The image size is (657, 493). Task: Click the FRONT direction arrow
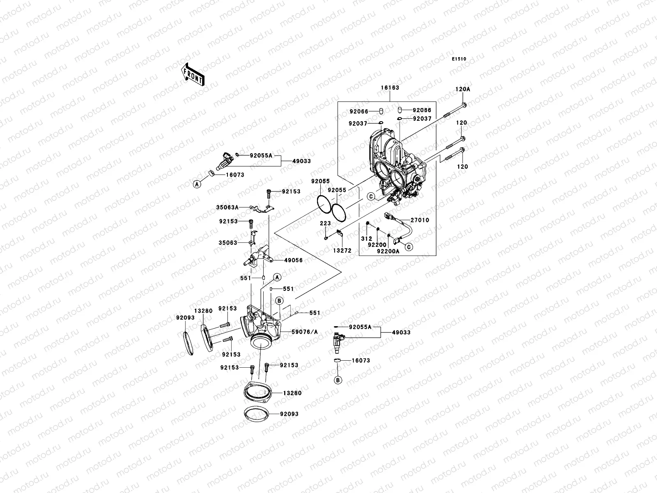point(193,74)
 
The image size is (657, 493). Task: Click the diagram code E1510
point(459,59)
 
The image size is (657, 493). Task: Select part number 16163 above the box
point(390,88)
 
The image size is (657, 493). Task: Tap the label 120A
point(463,89)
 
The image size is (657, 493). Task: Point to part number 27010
point(420,220)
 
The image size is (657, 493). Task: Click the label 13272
point(342,251)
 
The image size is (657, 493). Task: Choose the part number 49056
point(293,260)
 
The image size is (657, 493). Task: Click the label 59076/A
point(305,332)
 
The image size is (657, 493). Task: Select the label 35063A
point(227,207)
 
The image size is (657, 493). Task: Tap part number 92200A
point(388,251)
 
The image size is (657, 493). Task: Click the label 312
point(367,239)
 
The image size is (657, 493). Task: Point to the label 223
point(325,223)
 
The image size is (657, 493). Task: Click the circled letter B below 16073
point(338,380)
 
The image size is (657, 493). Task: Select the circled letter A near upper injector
point(197,184)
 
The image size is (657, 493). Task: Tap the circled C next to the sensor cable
point(409,247)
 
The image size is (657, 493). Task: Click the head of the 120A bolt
point(464,105)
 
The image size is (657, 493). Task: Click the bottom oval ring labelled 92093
point(257,414)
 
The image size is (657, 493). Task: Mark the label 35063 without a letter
point(228,243)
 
